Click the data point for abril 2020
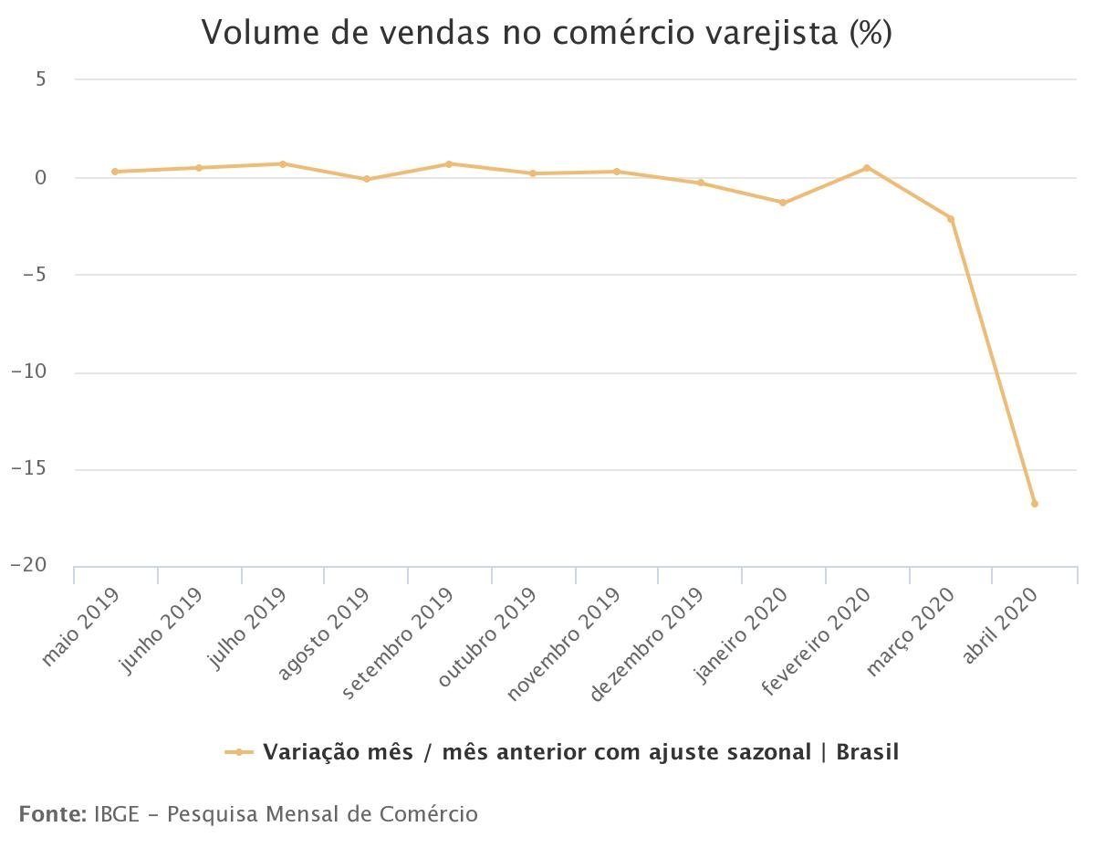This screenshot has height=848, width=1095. [1034, 503]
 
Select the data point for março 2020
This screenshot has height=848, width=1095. [951, 219]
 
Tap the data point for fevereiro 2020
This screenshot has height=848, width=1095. [867, 168]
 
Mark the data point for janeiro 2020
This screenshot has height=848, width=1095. [783, 203]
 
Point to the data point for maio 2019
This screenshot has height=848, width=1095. [115, 172]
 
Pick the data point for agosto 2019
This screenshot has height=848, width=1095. [367, 179]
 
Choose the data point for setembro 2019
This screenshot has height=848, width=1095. [449, 164]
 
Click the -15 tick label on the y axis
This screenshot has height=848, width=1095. [28, 469]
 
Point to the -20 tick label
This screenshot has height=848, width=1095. [28, 566]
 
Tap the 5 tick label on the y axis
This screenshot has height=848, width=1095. [41, 79]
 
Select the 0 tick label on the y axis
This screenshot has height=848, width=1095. [40, 177]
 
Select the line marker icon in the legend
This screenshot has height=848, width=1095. [239, 752]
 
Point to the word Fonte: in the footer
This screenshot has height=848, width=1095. [53, 813]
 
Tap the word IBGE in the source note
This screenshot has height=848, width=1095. [117, 813]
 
